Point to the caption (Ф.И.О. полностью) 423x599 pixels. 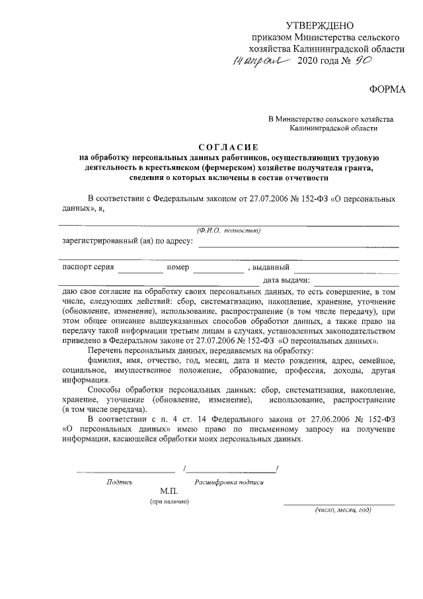tap(228, 230)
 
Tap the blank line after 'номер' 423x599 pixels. tap(218, 272)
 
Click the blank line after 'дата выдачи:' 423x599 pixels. tap(356, 285)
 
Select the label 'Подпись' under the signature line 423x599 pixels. tap(120, 483)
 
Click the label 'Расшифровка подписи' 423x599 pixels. tap(229, 483)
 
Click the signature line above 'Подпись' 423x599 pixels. tap(125, 471)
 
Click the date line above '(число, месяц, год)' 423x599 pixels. tap(339, 504)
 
